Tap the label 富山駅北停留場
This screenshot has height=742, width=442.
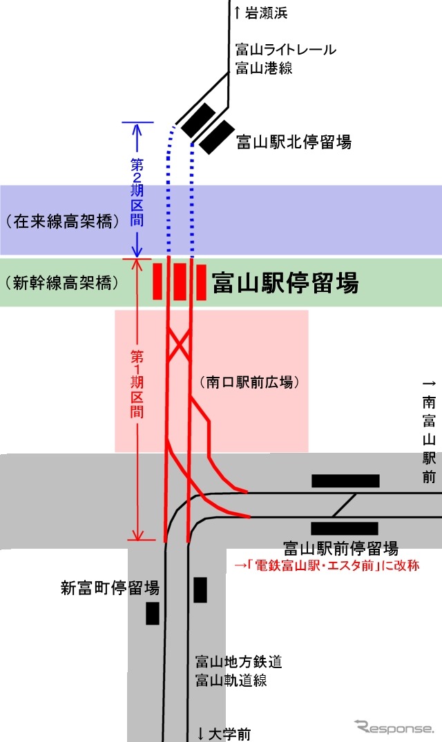(294, 142)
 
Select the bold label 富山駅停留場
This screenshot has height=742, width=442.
(285, 282)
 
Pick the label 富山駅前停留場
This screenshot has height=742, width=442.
(340, 549)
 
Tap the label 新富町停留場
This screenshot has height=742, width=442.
(110, 588)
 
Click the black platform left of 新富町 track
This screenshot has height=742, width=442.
(152, 613)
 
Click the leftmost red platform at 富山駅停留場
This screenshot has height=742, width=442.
(157, 281)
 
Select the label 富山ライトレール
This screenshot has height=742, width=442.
(285, 50)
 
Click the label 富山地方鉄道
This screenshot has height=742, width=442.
(238, 663)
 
